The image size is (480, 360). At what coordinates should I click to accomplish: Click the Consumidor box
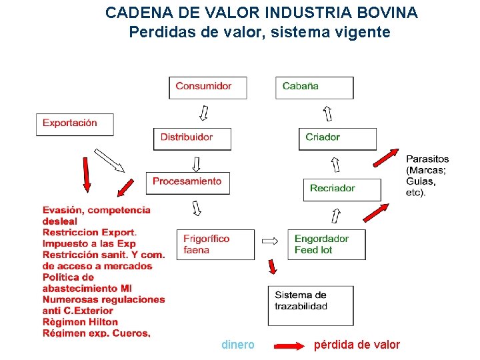point(208,87)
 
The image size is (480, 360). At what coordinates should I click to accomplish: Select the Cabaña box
point(315,87)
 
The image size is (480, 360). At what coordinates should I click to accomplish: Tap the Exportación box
point(75,124)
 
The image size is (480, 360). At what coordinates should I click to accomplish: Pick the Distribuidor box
point(192,139)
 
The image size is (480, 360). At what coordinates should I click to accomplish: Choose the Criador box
point(337,139)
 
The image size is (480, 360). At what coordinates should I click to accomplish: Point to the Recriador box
point(342,189)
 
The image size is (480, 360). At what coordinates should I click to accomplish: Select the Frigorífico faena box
point(215,245)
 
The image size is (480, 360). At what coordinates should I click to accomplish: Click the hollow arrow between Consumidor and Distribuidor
point(203,113)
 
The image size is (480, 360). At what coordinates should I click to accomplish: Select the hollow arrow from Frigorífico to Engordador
point(269,240)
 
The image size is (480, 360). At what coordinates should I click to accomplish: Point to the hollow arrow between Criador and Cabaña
point(327,113)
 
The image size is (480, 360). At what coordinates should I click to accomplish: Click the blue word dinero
point(237,345)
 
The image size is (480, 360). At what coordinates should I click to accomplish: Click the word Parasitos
point(427,159)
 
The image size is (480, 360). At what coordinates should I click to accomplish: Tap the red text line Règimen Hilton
point(80,322)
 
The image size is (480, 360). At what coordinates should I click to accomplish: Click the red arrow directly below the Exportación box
point(87,174)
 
